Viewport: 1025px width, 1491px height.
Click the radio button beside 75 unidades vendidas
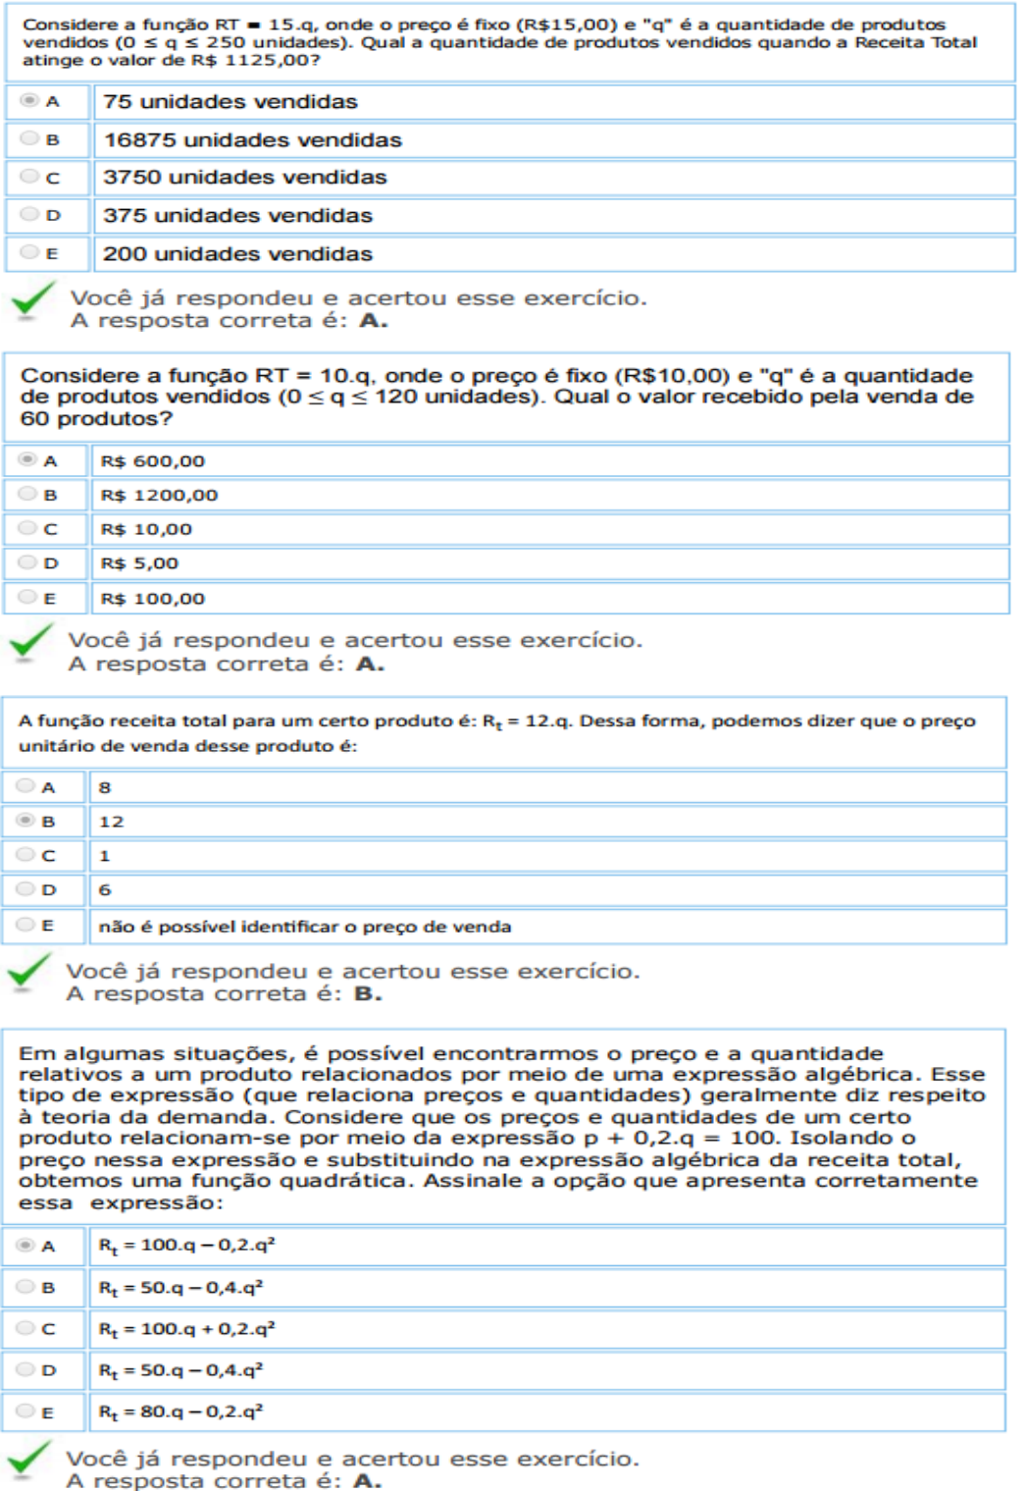[29, 101]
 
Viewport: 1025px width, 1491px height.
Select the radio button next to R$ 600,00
[27, 460]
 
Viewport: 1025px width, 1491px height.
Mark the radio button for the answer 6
[26, 889]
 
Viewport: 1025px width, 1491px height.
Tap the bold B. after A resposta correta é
[367, 994]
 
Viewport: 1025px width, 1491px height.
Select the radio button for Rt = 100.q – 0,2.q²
[26, 1246]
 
